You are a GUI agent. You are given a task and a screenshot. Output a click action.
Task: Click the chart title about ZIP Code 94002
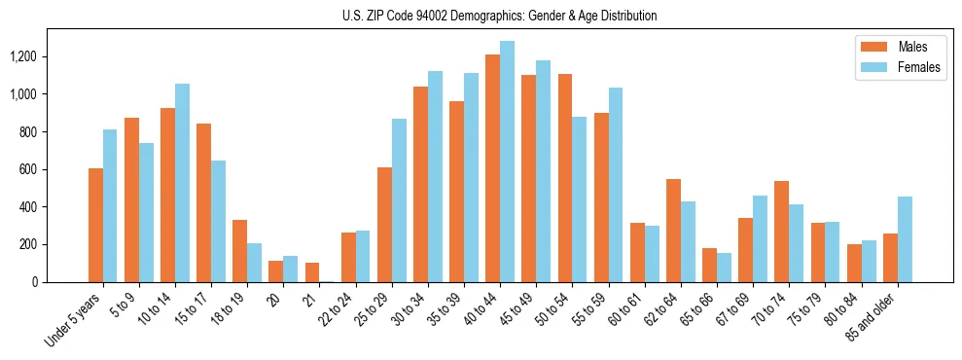tap(499, 16)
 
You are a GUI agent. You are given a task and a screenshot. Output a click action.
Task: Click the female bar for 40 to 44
tap(507, 162)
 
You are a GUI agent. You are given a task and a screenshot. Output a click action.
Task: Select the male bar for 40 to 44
tap(492, 168)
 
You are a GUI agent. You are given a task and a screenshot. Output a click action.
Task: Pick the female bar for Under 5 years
tap(110, 205)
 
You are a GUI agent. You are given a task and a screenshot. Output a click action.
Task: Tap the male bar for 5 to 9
tap(131, 199)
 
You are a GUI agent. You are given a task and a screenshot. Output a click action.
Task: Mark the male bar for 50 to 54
tap(564, 178)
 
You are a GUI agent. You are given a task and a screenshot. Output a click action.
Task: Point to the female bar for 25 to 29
tap(399, 200)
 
